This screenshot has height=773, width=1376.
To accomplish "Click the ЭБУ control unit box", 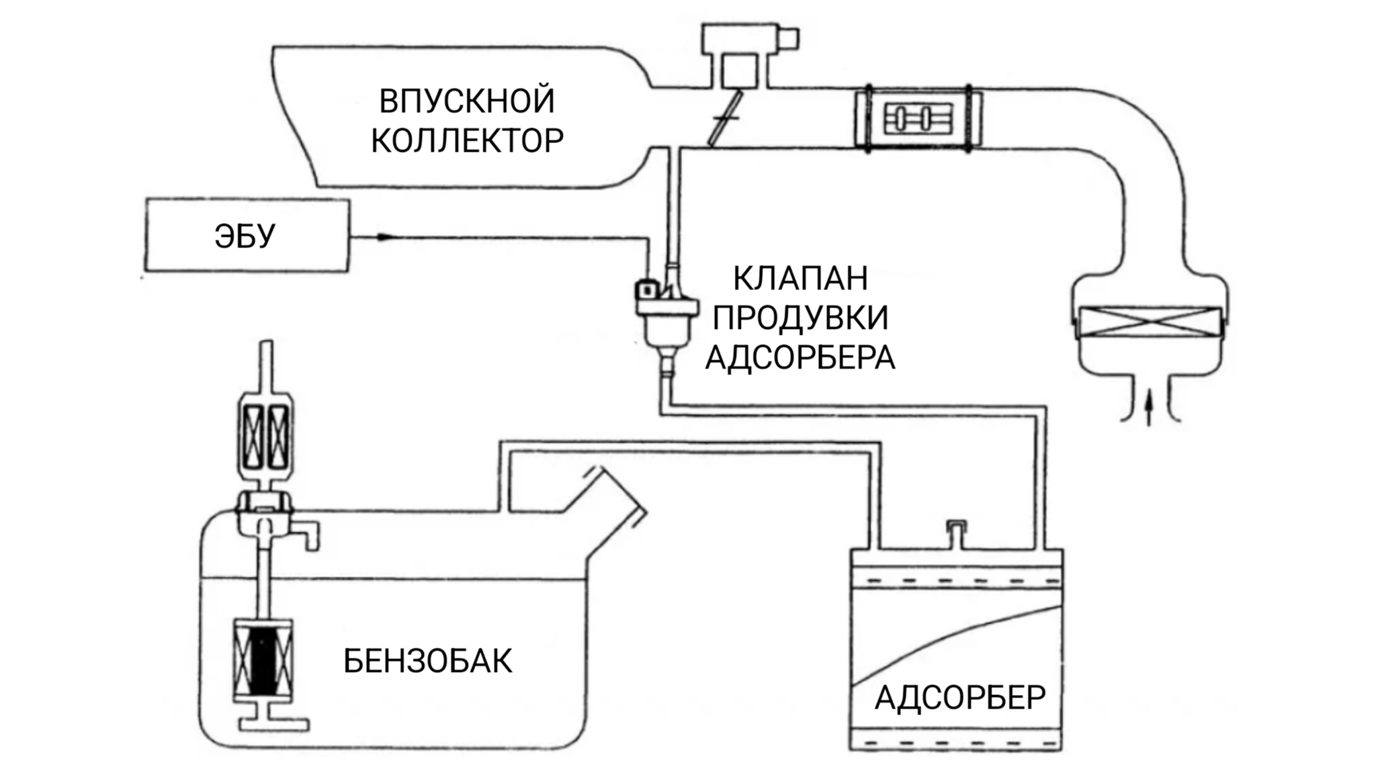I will coord(247,235).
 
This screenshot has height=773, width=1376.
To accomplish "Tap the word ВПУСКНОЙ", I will coord(467,101).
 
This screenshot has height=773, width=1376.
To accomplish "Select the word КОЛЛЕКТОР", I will coord(467,141).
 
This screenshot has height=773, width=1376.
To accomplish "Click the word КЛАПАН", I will coord(800,278).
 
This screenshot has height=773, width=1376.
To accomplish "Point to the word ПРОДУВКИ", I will coord(800,318).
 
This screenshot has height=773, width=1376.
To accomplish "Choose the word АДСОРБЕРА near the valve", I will coord(800,357).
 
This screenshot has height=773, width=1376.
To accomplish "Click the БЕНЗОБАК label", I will coord(427,662).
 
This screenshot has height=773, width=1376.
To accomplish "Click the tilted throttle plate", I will coord(725,118).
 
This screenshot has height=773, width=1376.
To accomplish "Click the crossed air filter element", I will coord(1149,322).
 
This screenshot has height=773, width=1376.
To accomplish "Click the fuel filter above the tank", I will coord(267,436).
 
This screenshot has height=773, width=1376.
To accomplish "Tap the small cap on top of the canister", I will coord(955,532).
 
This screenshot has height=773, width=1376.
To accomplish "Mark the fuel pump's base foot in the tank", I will coord(273,725).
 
